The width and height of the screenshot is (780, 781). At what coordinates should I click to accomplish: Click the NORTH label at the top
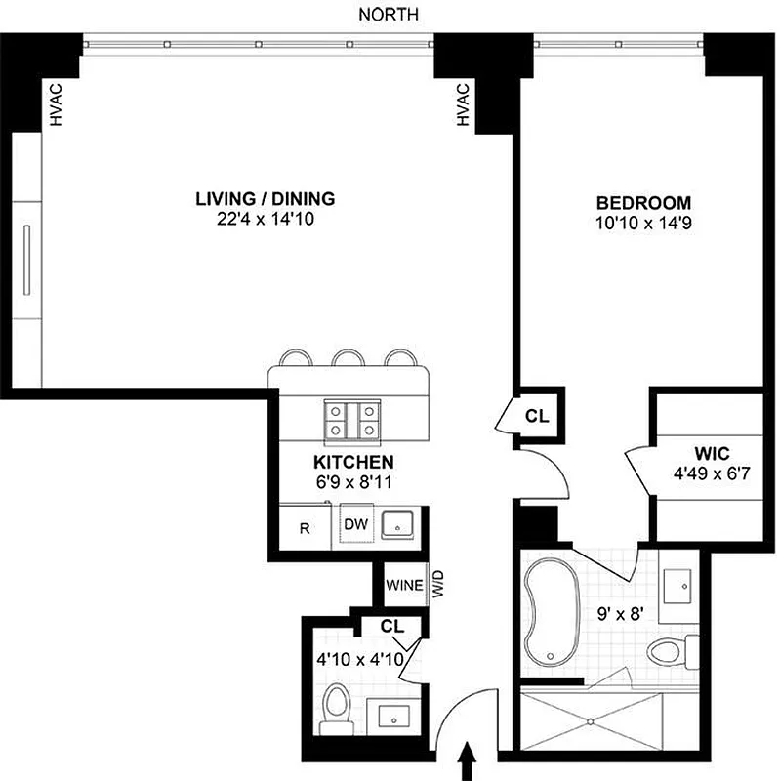pos(389,14)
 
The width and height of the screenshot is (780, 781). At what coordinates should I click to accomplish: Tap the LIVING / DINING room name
pos(266,199)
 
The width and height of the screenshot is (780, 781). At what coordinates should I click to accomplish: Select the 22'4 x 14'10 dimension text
pos(266,221)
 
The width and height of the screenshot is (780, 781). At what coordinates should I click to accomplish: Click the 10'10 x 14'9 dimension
pos(643,223)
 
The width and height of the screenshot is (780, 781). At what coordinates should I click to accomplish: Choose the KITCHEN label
pos(353,461)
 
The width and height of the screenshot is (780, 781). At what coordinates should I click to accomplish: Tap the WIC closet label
pos(708,454)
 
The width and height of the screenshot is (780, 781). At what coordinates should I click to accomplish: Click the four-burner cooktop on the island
pos(352,419)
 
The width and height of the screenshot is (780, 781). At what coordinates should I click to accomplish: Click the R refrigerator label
pos(305,529)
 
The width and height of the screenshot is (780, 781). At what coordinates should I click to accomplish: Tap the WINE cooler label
pos(404,587)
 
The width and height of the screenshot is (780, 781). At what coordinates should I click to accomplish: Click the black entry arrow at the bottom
pos(467,760)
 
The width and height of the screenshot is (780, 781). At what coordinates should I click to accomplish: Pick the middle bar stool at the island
pos(348,357)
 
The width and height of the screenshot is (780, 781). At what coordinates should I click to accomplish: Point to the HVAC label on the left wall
pos(56,103)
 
